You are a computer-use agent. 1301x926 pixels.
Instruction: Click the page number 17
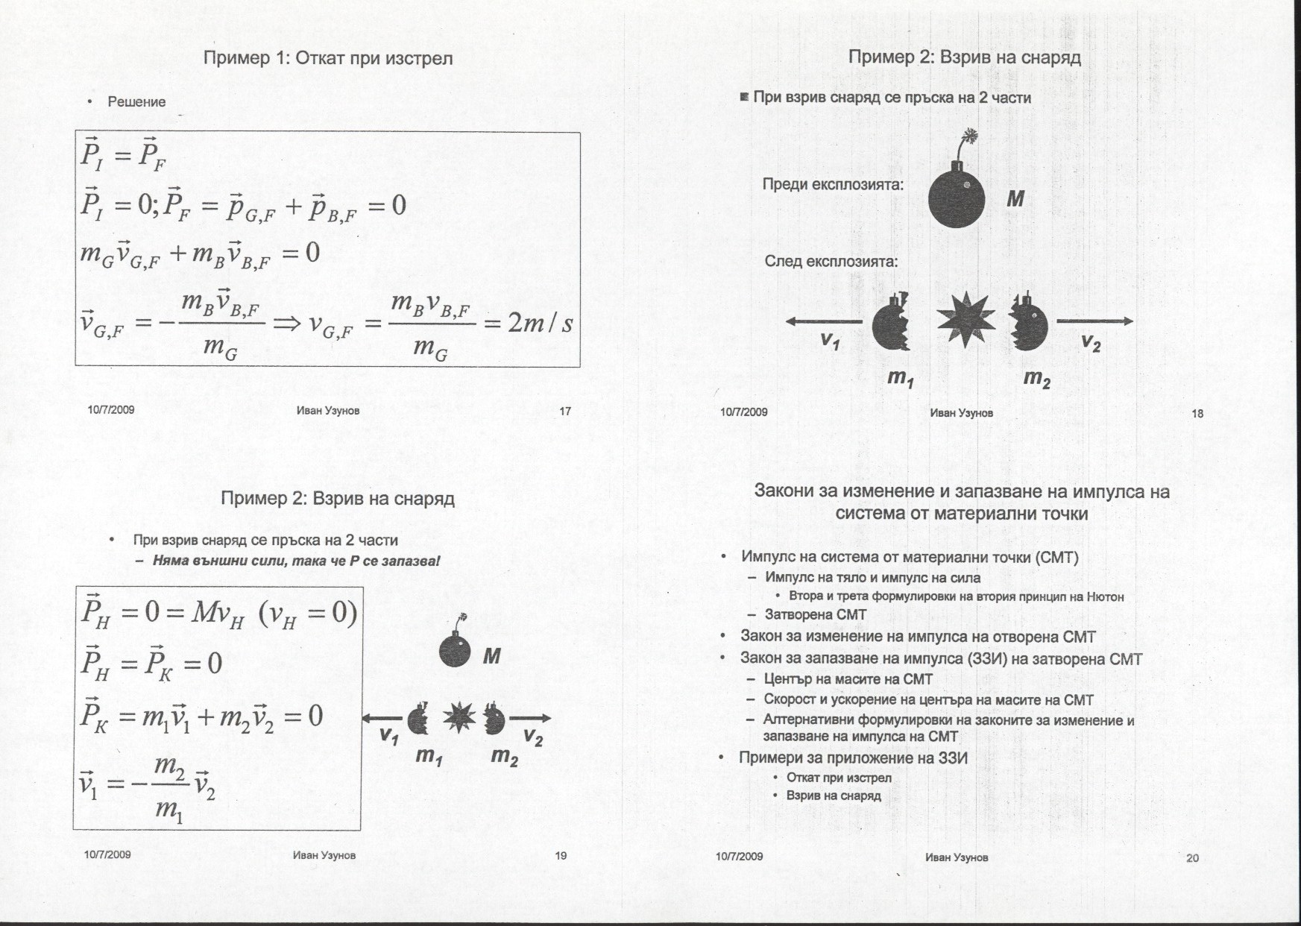[x=565, y=411]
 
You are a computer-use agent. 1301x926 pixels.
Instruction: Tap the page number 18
[x=1197, y=414]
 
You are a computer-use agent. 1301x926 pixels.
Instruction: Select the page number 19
[x=561, y=856]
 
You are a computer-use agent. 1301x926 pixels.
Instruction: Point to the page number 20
[x=1192, y=858]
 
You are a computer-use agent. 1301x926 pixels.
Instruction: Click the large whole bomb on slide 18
[x=957, y=199]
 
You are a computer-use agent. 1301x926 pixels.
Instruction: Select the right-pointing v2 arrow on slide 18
[x=1094, y=321]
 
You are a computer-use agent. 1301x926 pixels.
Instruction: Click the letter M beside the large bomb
[x=1015, y=199]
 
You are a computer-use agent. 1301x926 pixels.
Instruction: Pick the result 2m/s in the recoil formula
[x=540, y=324]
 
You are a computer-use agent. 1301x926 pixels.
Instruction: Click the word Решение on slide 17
[x=136, y=102]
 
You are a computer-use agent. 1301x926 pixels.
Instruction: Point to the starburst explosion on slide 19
[x=459, y=718]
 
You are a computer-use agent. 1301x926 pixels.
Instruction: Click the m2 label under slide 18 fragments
[x=1036, y=379]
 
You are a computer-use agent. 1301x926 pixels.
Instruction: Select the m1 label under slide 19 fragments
[x=429, y=756]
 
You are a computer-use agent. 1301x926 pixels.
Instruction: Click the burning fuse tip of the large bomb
[x=970, y=136]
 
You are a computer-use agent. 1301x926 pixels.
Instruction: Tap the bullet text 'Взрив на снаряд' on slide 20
[x=834, y=796]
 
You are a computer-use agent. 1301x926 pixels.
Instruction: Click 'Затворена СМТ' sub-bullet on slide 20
[x=816, y=614]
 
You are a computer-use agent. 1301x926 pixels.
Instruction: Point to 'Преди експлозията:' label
[x=833, y=184]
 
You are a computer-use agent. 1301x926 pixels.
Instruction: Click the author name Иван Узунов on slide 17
[x=328, y=411]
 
